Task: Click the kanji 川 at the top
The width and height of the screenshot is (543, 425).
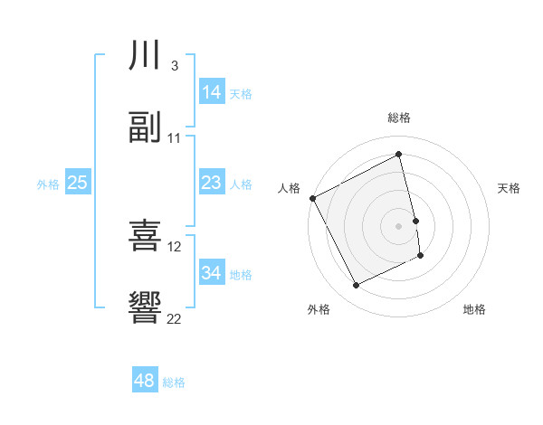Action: pyautogui.click(x=146, y=56)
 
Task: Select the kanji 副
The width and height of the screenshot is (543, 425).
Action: pyautogui.click(x=146, y=128)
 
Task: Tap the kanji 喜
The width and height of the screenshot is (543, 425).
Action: pyautogui.click(x=146, y=236)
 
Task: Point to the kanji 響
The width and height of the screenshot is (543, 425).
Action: pyautogui.click(x=146, y=308)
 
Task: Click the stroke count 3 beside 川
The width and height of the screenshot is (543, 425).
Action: pyautogui.click(x=174, y=66)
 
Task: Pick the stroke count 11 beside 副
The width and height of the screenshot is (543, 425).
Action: pyautogui.click(x=175, y=138)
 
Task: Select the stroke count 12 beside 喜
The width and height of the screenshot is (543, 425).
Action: pyautogui.click(x=176, y=246)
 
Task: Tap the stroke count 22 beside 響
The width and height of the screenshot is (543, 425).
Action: pyautogui.click(x=175, y=318)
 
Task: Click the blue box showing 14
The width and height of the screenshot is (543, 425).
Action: pyautogui.click(x=212, y=92)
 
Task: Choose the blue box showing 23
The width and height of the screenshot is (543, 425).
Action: pyautogui.click(x=212, y=183)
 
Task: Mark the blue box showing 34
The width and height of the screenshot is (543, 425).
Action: pyautogui.click(x=212, y=273)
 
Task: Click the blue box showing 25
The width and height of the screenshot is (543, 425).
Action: pyautogui.click(x=78, y=183)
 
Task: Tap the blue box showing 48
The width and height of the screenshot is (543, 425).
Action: pyautogui.click(x=145, y=381)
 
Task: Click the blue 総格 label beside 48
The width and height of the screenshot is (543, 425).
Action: pyautogui.click(x=174, y=382)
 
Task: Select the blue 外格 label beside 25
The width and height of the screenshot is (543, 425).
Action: pyautogui.click(x=48, y=184)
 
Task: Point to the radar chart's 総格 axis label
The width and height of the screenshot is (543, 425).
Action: pyautogui.click(x=398, y=118)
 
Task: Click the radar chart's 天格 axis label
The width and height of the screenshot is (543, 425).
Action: pyautogui.click(x=509, y=188)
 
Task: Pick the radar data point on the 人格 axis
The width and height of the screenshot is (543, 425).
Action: pyautogui.click(x=312, y=198)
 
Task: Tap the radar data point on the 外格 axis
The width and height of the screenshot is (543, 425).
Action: pyautogui.click(x=357, y=286)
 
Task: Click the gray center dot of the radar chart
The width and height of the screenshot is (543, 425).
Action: pyautogui.click(x=398, y=226)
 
